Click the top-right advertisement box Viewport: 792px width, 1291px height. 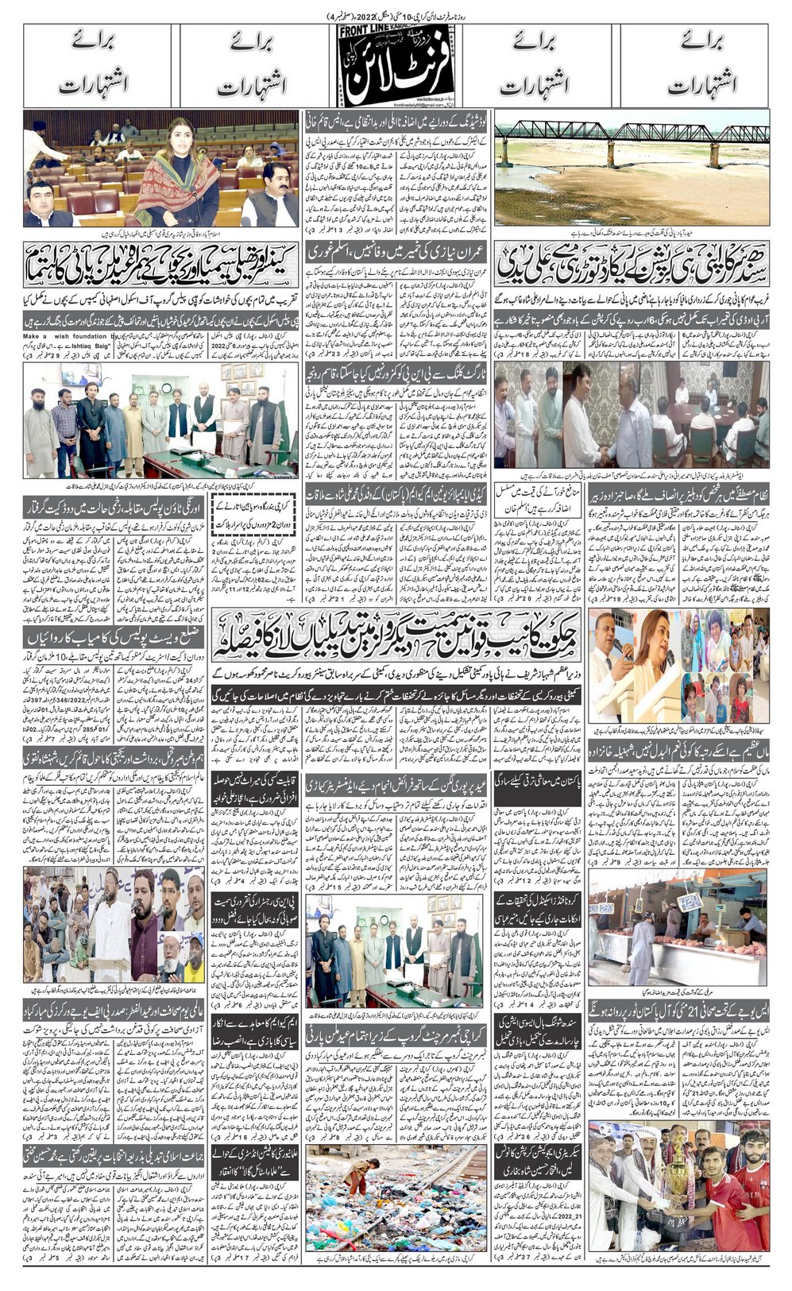click(694, 65)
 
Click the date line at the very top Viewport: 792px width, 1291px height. click(396, 16)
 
